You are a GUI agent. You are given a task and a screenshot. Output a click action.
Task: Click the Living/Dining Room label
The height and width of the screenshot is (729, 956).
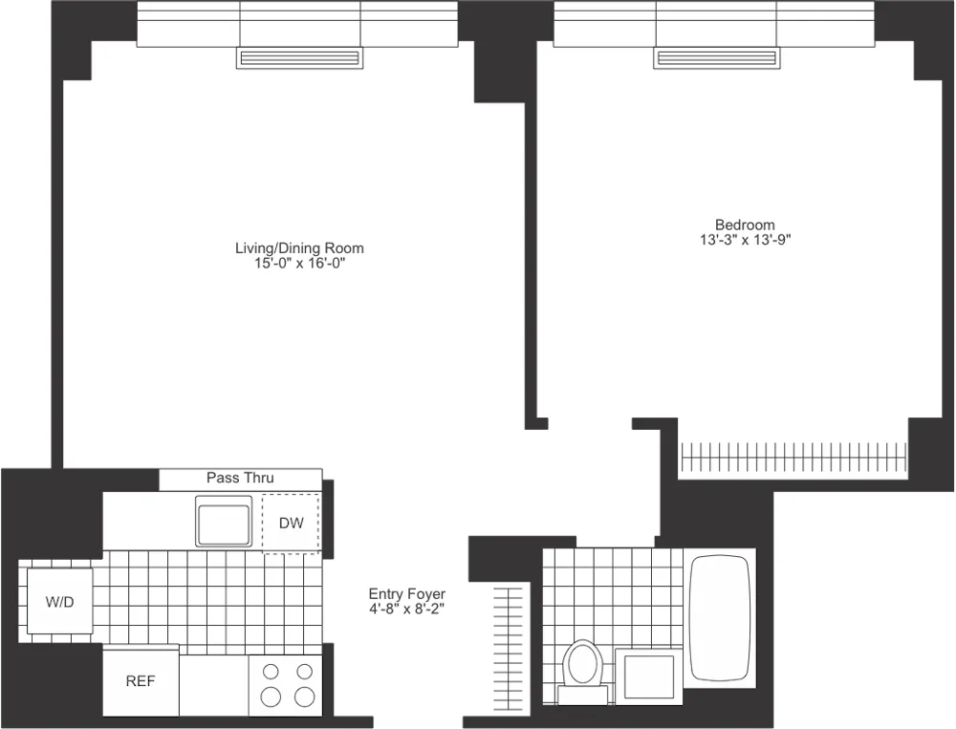point(299,248)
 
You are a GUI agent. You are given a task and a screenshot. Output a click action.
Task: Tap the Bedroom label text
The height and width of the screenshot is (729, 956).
point(745,225)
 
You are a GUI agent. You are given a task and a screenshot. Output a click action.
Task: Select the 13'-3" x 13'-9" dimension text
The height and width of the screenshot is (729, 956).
point(745,241)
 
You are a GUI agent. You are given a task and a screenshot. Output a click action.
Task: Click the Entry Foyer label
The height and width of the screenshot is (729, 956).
point(407,594)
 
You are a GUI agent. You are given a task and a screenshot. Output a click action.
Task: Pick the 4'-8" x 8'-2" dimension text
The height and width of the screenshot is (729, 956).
point(407,609)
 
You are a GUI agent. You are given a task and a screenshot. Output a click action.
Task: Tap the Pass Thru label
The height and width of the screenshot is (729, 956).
point(240,478)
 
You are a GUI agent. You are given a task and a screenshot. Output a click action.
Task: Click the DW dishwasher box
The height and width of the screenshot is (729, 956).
point(291,523)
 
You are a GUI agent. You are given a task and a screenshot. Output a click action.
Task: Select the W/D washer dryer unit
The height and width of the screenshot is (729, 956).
point(59,602)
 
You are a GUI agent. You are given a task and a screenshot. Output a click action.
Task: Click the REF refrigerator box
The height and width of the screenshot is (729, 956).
point(141,682)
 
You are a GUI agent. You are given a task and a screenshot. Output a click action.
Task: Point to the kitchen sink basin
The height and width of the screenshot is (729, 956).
point(224,521)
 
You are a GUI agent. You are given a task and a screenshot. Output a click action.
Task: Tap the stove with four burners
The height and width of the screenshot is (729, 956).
point(285,683)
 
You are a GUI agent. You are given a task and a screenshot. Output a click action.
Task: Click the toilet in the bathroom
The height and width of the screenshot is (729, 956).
point(581,662)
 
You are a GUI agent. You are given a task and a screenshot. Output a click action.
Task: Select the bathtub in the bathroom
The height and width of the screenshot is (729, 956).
point(718,618)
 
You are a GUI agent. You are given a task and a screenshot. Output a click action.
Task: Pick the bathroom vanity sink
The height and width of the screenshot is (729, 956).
point(649,676)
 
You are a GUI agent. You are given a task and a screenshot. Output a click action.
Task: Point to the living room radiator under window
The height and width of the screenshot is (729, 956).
point(299,59)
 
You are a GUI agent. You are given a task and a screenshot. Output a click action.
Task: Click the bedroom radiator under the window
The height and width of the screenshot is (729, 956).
point(716,59)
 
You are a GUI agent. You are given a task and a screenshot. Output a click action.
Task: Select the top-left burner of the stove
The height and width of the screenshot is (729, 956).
point(271,671)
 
